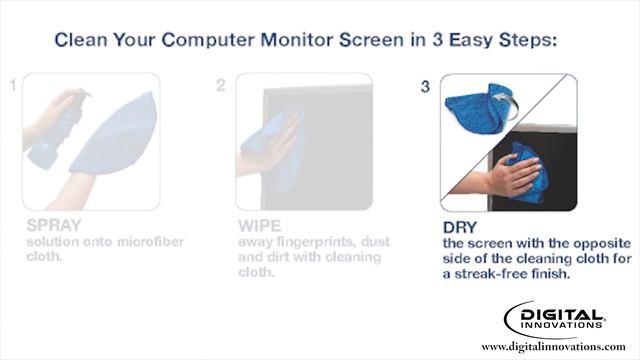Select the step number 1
12,86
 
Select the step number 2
220,86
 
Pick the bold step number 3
425,87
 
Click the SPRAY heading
56,226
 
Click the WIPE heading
260,226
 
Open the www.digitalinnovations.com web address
553,346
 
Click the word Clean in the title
81,41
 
